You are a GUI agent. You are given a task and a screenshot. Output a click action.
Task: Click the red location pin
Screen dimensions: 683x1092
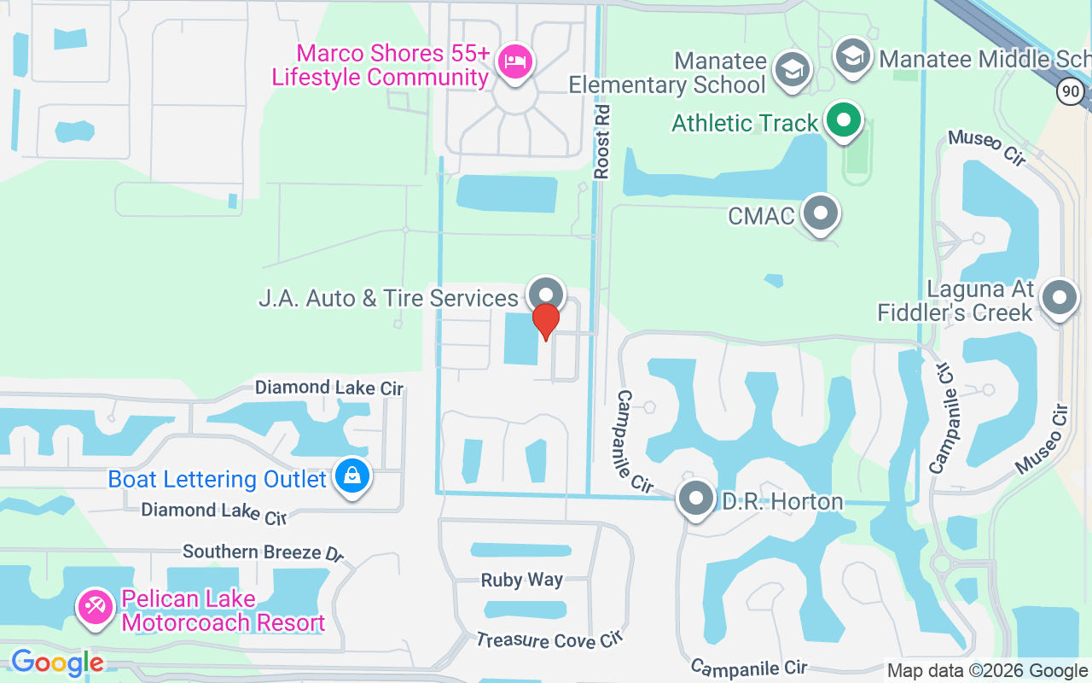545,321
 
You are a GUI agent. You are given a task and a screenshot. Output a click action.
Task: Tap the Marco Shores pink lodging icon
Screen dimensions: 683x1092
514,61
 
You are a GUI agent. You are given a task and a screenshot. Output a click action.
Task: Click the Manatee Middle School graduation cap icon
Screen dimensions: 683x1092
851,56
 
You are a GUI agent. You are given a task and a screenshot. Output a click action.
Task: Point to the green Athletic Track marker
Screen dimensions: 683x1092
844,120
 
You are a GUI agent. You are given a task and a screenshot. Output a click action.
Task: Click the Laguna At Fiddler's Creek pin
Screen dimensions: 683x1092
1060,299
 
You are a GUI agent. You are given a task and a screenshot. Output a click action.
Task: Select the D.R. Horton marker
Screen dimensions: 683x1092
696,498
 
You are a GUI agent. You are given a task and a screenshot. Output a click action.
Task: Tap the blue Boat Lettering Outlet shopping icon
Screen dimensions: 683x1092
351,476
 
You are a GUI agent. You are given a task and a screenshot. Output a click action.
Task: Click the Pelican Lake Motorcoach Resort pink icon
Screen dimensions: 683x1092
96,607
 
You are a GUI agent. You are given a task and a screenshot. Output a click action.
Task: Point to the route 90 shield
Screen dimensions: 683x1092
1070,91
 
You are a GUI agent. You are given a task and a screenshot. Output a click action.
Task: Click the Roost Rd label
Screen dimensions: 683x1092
602,142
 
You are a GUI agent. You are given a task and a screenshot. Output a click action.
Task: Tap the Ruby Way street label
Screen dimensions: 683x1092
521,580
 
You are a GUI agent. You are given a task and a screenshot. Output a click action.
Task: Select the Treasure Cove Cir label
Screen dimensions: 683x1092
549,639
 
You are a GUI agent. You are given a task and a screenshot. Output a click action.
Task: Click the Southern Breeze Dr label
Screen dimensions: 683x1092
263,552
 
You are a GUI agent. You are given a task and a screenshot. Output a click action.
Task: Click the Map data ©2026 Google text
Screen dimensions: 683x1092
987,671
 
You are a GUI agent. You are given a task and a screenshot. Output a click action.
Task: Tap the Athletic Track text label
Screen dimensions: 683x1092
745,123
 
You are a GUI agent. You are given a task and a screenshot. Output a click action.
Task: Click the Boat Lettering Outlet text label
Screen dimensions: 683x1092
218,479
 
